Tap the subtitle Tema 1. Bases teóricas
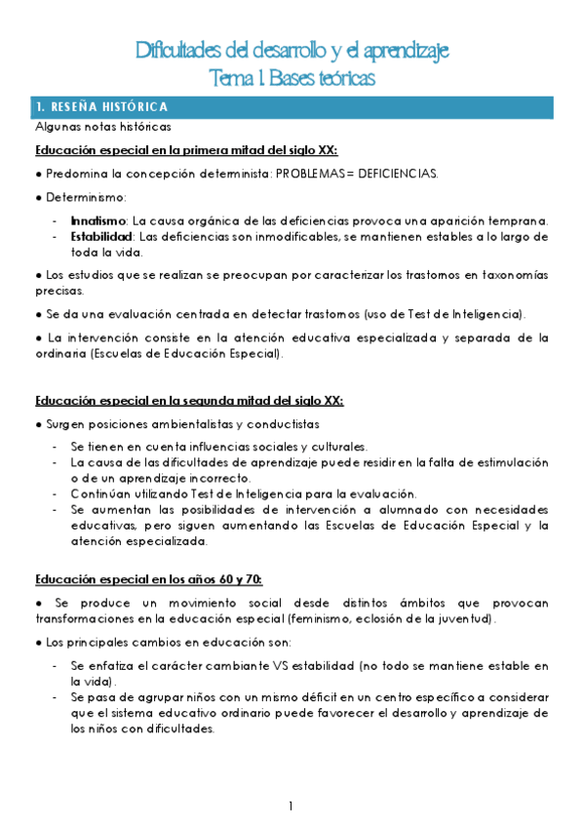click(292, 76)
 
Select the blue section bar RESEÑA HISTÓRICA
click(292, 106)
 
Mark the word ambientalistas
click(182, 424)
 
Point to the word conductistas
click(284, 424)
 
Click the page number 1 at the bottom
click(292, 806)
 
